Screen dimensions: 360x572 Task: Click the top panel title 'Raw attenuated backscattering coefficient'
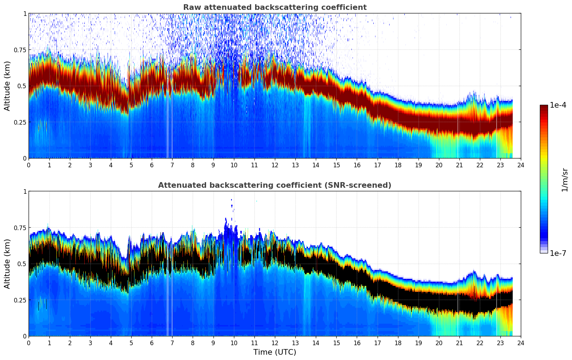click(275, 7)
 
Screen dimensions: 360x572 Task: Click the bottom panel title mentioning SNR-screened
click(275, 185)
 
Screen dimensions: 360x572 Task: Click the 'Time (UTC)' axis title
click(275, 352)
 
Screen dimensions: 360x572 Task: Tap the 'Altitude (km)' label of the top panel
click(7, 86)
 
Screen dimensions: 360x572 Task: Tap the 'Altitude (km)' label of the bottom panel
click(7, 264)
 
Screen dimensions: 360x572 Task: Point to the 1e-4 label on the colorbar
click(558, 105)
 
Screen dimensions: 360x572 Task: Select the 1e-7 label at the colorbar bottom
click(558, 253)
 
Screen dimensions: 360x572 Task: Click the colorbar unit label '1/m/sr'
click(565, 180)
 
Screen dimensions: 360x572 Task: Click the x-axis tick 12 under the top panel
click(275, 165)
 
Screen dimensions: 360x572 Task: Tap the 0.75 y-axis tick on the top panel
click(20, 50)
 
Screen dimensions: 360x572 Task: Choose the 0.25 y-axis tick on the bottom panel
click(20, 300)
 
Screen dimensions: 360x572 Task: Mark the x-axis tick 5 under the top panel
click(131, 165)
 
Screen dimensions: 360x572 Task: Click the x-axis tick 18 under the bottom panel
click(398, 343)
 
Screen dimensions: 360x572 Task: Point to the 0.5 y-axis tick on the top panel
click(22, 86)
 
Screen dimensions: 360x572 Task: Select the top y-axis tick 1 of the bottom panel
click(25, 192)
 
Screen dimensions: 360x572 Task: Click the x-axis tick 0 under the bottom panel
click(29, 343)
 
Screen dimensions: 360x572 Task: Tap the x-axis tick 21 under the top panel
click(459, 165)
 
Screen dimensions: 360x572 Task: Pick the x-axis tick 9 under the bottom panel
click(213, 343)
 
